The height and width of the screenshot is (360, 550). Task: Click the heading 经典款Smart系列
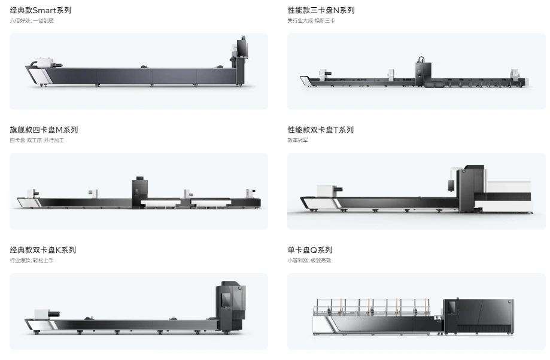tap(41, 10)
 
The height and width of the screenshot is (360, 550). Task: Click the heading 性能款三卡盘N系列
tap(321, 10)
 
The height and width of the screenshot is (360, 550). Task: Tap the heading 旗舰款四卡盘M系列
tap(44, 130)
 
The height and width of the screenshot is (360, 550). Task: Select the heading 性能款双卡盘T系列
tap(320, 130)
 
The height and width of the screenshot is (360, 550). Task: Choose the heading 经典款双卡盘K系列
tap(43, 250)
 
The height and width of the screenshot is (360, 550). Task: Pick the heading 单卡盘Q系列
tap(309, 250)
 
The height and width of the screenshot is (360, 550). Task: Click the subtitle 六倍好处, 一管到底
tap(32, 21)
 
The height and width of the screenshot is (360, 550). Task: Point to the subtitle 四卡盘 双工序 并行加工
tap(37, 141)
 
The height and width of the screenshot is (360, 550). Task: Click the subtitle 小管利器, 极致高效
tap(309, 261)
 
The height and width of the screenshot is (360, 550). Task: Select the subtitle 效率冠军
tap(297, 141)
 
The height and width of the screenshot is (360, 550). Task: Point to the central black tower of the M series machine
tap(139, 191)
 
